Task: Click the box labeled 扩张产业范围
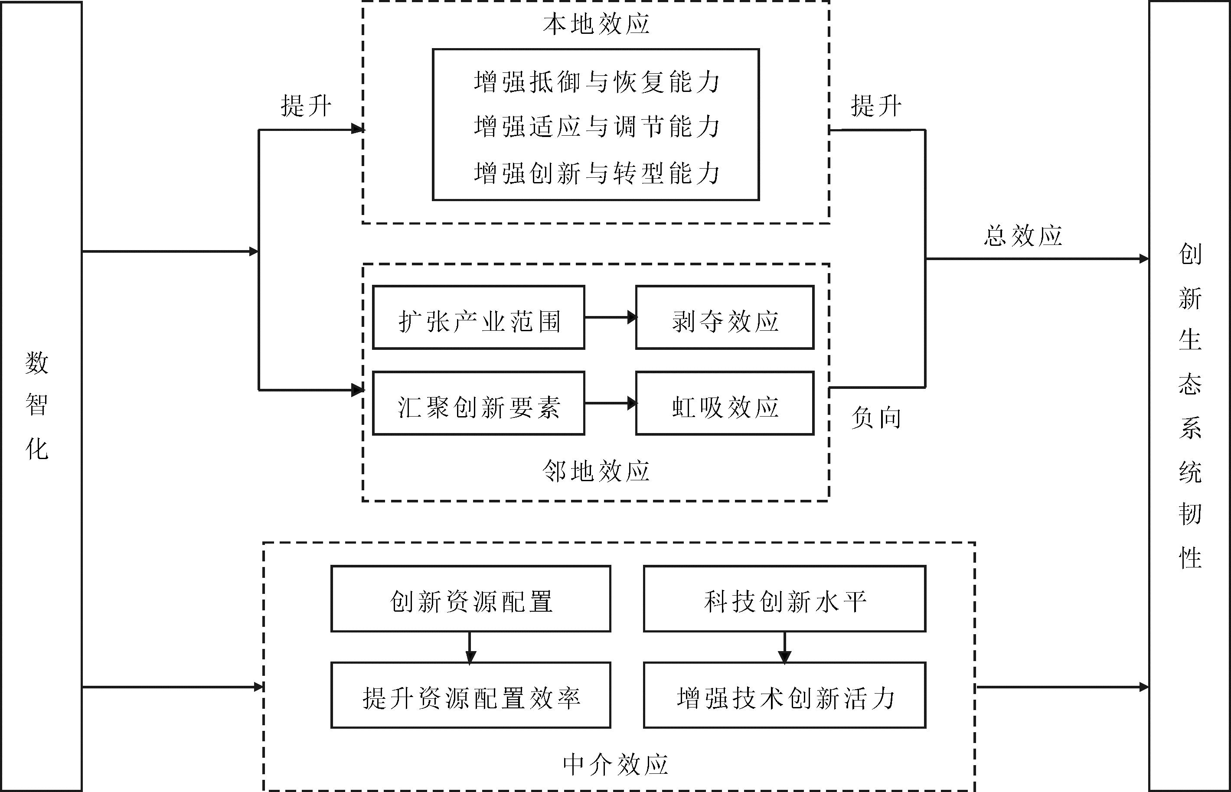click(x=478, y=318)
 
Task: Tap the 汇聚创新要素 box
click(x=478, y=404)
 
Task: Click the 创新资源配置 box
click(x=471, y=599)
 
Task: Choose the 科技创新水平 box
click(x=784, y=599)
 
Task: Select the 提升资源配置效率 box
click(x=471, y=695)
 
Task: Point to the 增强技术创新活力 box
click(x=784, y=695)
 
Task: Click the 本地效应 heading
click(x=596, y=24)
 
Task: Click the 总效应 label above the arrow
click(x=1023, y=235)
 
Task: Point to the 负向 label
click(x=875, y=417)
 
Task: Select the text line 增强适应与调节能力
click(x=597, y=127)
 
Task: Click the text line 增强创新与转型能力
click(x=597, y=173)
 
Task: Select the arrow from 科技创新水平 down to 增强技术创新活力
click(x=784, y=647)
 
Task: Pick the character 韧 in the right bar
click(x=1190, y=514)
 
